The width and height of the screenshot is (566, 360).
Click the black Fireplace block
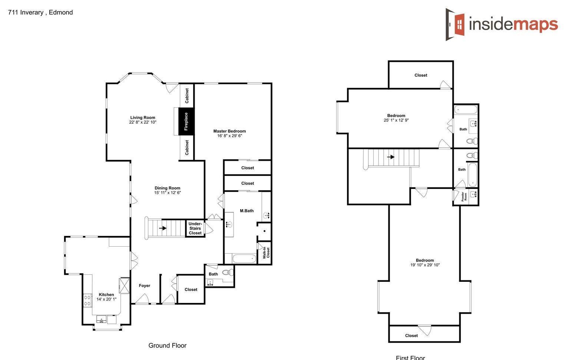pos(186,121)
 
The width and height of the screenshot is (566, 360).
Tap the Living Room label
pos(143,117)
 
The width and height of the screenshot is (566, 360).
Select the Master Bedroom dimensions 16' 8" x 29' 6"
pos(229,136)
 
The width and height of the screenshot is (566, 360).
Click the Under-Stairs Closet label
pos(195,228)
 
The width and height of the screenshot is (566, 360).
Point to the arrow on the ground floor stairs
pos(163,228)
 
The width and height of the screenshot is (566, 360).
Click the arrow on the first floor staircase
pos(391,157)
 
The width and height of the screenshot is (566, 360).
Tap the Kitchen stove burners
pos(87,301)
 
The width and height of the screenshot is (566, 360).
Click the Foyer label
pos(145,286)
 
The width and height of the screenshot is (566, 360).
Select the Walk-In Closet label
pos(266,253)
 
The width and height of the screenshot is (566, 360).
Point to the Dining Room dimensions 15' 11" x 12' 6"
pos(168,193)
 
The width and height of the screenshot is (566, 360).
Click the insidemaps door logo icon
pos(455,24)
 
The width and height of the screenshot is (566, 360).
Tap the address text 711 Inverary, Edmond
pos(40,12)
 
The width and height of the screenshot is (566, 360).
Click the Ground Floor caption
pos(167,345)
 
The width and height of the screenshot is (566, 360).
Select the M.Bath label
pos(246,211)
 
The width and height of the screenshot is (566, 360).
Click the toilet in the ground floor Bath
pos(228,272)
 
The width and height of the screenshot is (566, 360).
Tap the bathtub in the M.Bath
pos(244,259)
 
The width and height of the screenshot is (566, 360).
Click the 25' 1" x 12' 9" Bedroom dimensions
pos(396,120)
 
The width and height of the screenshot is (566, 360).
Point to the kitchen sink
pos(101,319)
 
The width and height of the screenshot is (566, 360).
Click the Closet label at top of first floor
pos(421,75)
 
